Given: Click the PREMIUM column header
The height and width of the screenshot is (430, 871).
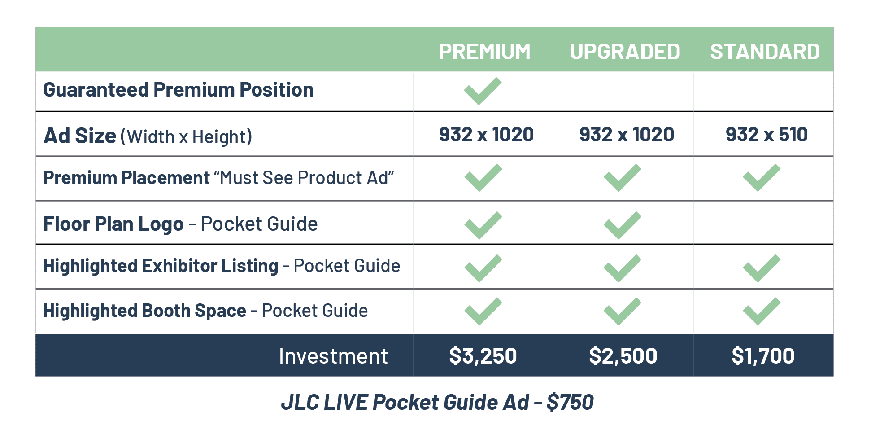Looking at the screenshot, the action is click(484, 52).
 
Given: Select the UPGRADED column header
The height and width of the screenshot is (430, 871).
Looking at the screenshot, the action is click(625, 52).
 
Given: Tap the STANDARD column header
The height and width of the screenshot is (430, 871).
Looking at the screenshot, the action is click(765, 52).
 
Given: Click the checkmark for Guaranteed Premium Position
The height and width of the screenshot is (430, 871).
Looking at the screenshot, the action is click(483, 91).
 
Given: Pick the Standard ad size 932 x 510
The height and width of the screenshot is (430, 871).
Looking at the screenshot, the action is click(766, 135).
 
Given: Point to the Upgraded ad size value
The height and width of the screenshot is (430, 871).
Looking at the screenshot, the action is click(627, 135).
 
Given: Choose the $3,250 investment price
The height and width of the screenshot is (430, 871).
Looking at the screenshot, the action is click(483, 355).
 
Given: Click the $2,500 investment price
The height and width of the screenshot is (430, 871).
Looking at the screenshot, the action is click(623, 355).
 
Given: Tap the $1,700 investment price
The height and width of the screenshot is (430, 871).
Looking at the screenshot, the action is click(763, 355).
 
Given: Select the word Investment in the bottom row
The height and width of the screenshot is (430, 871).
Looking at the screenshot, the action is click(333, 356).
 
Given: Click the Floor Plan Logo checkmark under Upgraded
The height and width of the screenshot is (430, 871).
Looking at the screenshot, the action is click(623, 225).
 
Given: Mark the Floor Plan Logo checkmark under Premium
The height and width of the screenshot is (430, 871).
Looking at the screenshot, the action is click(483, 225).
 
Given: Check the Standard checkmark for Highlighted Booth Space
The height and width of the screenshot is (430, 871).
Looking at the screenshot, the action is click(762, 311).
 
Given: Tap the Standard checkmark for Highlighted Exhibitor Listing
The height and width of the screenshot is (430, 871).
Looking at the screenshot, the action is click(762, 268).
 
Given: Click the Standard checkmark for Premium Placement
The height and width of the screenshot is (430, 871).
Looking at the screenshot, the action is click(762, 178).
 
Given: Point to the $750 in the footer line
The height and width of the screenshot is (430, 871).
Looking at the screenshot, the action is click(570, 402).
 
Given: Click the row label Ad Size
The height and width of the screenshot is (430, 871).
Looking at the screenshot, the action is click(80, 136).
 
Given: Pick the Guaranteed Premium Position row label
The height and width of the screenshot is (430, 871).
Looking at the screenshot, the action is click(179, 90).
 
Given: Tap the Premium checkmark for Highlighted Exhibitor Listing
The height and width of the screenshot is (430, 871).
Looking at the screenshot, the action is click(483, 268).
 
